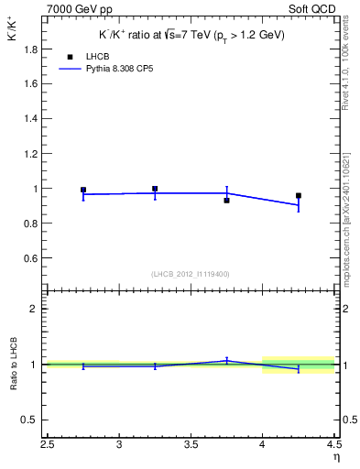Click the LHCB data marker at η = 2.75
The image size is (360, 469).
point(83,191)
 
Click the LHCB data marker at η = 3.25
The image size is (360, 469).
point(155,189)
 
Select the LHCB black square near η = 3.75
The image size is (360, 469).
point(226,200)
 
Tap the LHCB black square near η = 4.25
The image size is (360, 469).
point(299,195)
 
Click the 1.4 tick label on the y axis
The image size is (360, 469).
point(30,119)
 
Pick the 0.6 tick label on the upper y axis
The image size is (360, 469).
point(30,259)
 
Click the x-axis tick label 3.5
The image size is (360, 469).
point(191,446)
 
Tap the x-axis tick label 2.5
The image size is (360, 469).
point(48,446)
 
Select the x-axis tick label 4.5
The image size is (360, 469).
point(333,446)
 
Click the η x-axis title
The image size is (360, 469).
point(335,459)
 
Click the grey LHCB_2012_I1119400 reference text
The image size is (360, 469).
point(191,274)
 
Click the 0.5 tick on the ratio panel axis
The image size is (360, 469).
point(30,420)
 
